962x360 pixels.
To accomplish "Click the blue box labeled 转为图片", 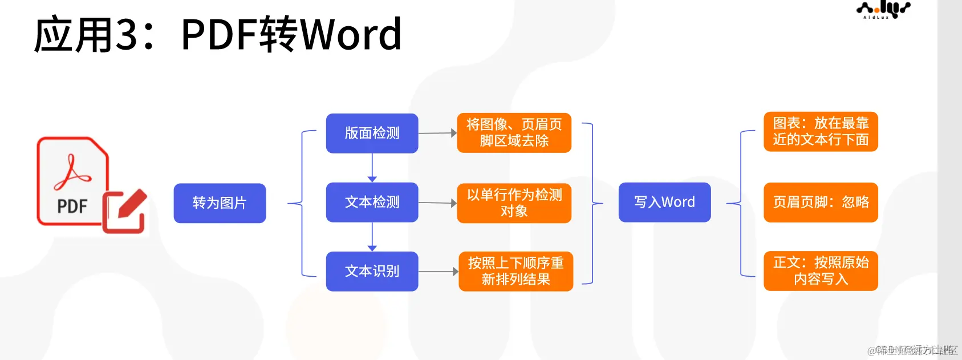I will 220,203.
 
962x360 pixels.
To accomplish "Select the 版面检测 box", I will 372,133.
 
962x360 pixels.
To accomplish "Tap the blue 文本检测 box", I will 372,202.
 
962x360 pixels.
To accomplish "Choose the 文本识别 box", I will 372,271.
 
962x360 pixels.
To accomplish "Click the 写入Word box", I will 664,202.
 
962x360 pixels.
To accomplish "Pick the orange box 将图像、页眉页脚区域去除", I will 514,132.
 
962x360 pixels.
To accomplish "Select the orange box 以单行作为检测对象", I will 514,203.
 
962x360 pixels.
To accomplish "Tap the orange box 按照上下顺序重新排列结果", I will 515,271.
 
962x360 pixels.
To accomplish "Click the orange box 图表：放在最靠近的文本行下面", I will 821,131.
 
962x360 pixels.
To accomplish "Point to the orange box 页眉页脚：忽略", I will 821,202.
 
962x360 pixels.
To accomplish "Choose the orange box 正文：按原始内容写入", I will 821,270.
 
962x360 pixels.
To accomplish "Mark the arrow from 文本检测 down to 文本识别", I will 372,237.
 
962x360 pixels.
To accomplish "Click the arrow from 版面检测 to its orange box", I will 437,133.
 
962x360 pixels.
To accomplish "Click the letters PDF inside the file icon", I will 72,206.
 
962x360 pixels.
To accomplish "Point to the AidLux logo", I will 883,10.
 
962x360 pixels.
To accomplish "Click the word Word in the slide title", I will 351,34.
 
